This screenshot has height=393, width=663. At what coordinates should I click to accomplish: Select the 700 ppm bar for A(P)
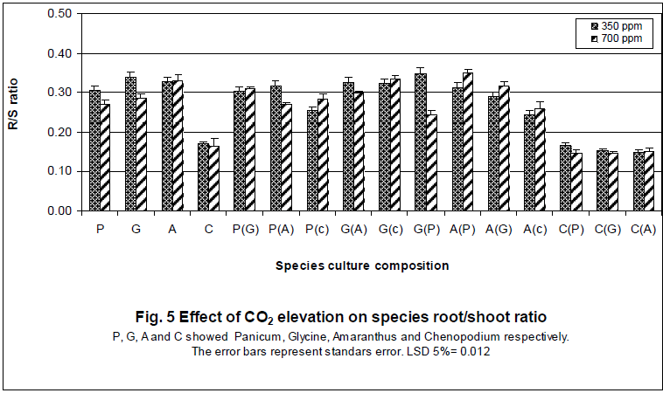tap(467, 142)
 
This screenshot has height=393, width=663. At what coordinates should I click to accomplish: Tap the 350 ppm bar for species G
tap(130, 145)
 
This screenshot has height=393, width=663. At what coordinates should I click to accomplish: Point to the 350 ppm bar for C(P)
tap(566, 178)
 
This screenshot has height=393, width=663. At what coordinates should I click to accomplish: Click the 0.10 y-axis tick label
tap(59, 171)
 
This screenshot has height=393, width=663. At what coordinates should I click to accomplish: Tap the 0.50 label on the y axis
tap(59, 14)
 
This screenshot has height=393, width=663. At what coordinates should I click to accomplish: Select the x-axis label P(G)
tap(245, 229)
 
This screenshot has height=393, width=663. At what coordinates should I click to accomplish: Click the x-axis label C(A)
tap(643, 229)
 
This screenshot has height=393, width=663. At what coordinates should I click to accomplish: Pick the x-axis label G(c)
tap(389, 229)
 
